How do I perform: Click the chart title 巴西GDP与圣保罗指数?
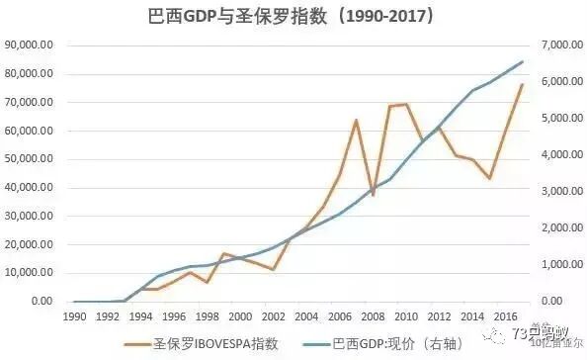click(x=293, y=17)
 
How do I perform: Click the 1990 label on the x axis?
click(x=74, y=315)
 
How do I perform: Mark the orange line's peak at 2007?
click(x=356, y=120)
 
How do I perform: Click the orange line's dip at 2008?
click(x=373, y=196)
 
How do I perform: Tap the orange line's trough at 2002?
click(x=273, y=270)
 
